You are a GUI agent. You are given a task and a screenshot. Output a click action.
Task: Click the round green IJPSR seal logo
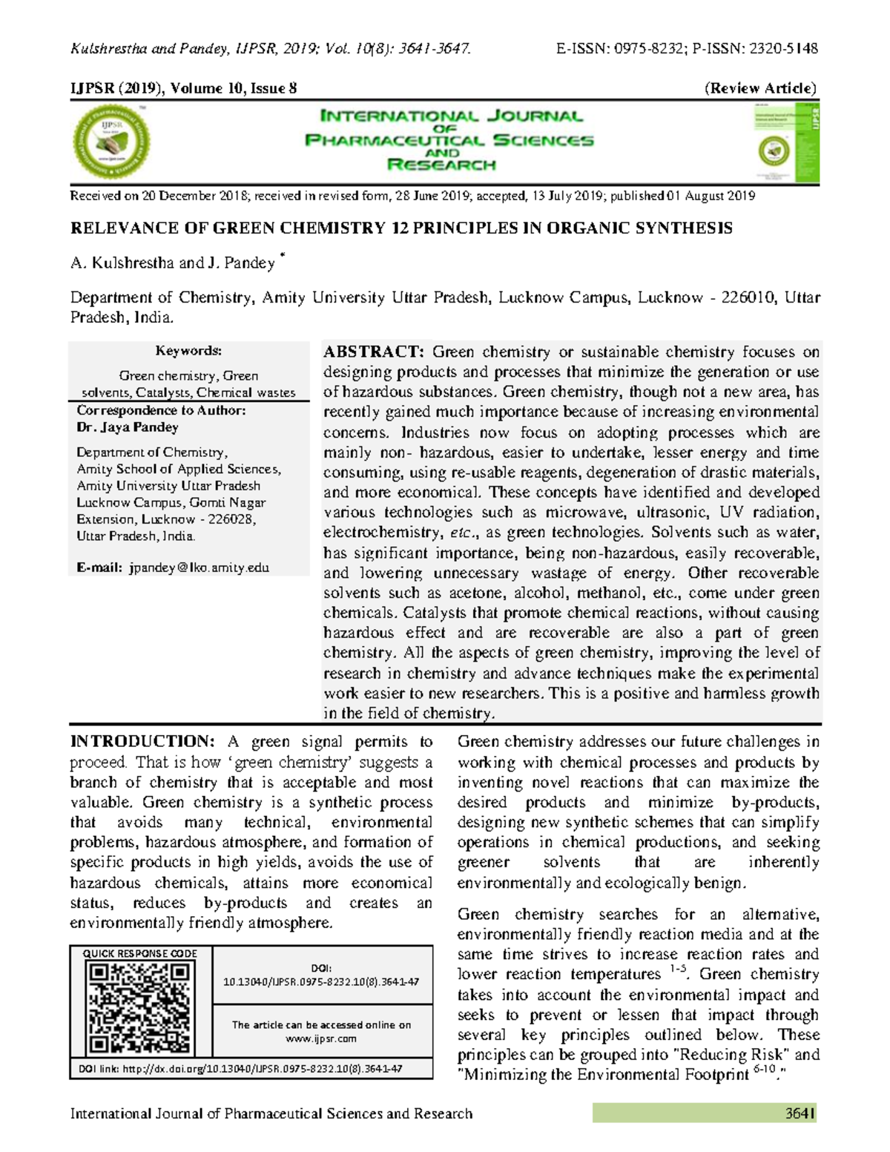click(111, 141)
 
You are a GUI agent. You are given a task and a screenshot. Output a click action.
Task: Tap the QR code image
click(139, 1007)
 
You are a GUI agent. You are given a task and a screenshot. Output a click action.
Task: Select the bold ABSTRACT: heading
click(373, 352)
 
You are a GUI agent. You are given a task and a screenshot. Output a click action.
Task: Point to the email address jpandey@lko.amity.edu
click(198, 567)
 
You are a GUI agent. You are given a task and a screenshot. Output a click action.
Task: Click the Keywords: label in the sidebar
click(188, 350)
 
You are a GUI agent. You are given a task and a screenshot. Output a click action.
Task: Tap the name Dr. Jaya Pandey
click(127, 427)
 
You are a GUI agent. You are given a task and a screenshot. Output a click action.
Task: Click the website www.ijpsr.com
click(321, 1039)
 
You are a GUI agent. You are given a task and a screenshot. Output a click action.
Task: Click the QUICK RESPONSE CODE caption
click(139, 953)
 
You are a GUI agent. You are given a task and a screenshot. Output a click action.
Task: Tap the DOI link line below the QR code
click(240, 1069)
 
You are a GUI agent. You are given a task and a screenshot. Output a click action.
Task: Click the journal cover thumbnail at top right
click(786, 142)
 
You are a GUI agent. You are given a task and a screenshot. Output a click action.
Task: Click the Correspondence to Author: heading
click(161, 410)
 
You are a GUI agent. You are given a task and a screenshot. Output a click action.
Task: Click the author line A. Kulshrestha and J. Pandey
click(172, 263)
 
